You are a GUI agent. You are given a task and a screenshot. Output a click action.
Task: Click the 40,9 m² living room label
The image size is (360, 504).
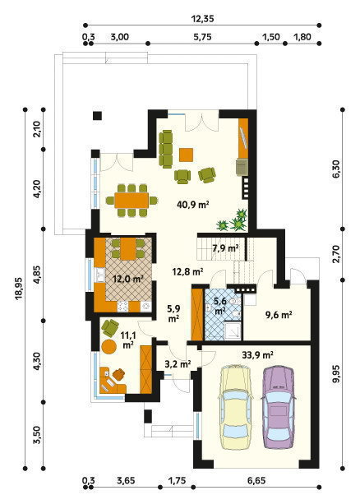(193, 204)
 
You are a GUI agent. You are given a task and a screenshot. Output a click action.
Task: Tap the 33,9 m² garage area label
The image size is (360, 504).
(257, 355)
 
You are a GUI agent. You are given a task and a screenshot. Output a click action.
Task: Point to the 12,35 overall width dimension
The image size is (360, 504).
(202, 19)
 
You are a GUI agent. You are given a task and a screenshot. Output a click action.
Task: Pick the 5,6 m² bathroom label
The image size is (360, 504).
(220, 306)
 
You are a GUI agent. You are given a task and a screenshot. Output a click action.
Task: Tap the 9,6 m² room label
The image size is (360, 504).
(279, 315)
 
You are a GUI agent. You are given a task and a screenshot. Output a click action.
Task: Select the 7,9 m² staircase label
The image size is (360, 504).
(225, 247)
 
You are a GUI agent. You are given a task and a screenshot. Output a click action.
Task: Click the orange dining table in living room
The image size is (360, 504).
(132, 201)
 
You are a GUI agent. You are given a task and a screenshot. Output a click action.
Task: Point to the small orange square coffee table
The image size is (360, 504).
(186, 155)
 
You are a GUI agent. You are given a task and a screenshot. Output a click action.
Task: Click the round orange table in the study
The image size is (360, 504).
(109, 346)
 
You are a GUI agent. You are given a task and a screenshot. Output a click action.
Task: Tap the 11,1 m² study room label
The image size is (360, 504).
(128, 340)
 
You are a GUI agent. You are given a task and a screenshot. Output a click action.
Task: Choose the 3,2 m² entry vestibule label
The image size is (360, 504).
(178, 364)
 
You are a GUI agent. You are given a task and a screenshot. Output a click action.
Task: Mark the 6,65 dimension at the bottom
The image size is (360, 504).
(256, 481)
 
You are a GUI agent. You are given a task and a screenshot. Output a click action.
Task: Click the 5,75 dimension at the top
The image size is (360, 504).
(202, 37)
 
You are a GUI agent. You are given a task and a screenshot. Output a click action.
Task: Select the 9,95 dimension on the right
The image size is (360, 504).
(336, 374)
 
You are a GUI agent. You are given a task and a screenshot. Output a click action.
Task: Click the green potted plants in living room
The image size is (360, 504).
(234, 220)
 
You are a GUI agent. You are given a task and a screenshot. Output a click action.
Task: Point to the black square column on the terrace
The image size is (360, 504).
(97, 116)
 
